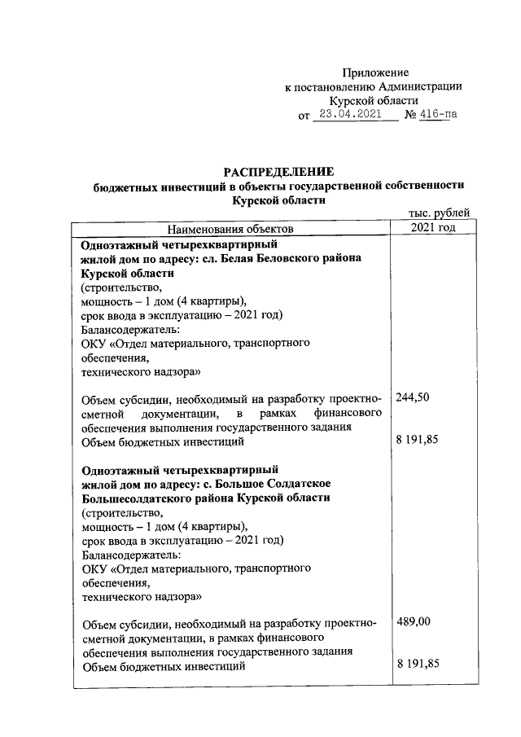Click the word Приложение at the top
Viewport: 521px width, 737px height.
coord(374,72)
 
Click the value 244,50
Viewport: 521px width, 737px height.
coord(412,397)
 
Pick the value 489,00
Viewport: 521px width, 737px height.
coord(414,621)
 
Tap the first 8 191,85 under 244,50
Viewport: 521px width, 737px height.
coord(418,441)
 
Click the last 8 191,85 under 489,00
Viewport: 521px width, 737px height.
coord(418,665)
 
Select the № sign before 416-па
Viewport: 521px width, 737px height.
coord(409,115)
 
